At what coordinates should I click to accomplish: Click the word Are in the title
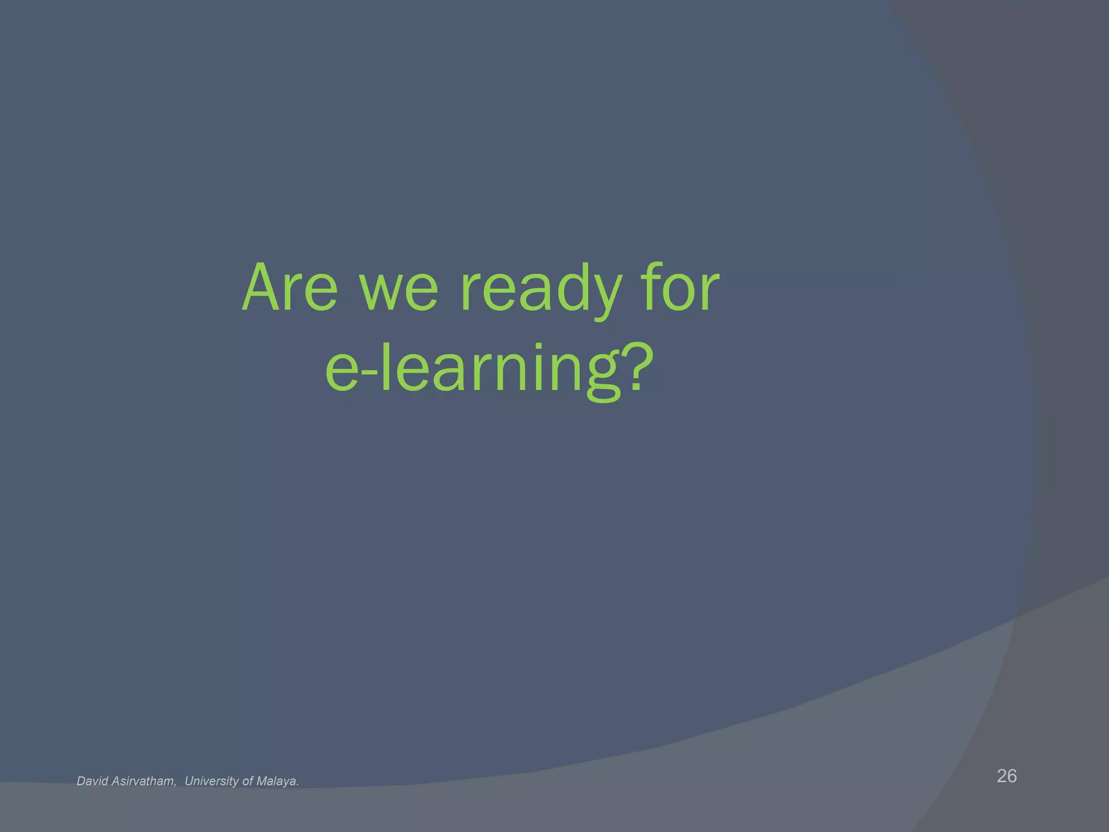coord(290,288)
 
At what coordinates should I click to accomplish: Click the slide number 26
coord(1007,776)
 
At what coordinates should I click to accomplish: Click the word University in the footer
coord(212,781)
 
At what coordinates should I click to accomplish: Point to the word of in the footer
coord(247,781)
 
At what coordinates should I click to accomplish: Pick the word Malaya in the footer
coord(277,781)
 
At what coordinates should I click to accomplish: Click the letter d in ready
coord(569,287)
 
